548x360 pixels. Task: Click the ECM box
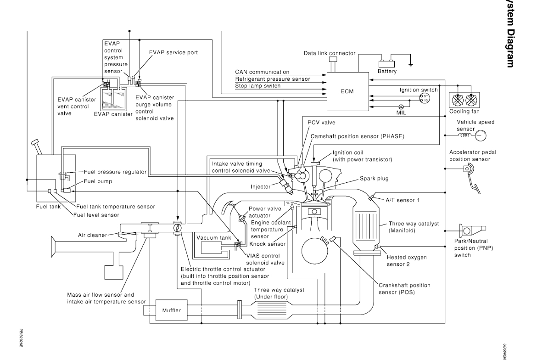pyautogui.click(x=347, y=91)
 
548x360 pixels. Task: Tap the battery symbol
pyautogui.click(x=386, y=64)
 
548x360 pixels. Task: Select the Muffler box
pyautogui.click(x=172, y=310)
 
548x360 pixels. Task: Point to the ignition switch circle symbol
pyautogui.click(x=425, y=97)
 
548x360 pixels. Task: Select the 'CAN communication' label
pyautogui.click(x=262, y=72)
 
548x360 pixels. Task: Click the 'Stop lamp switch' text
pyautogui.click(x=257, y=85)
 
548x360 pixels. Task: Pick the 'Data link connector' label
pyautogui.click(x=330, y=53)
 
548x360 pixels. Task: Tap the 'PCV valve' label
pyautogui.click(x=320, y=122)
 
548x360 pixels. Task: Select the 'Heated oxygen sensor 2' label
pyautogui.click(x=406, y=261)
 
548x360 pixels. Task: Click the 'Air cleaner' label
pyautogui.click(x=92, y=235)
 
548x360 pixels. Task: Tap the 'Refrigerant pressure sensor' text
pyautogui.click(x=272, y=79)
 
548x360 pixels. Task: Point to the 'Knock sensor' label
pyautogui.click(x=267, y=244)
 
